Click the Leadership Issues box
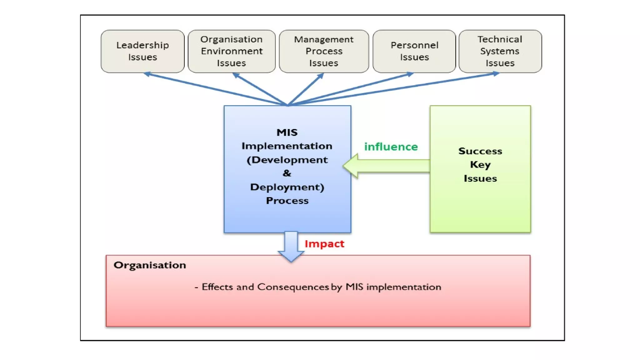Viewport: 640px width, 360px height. pos(142,51)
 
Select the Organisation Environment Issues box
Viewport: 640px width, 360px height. pos(232,51)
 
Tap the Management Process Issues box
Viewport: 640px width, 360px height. pos(324,51)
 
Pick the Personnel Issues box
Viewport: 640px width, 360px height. pos(414,51)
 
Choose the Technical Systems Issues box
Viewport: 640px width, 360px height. pos(500,51)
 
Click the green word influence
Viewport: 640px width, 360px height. pos(391,147)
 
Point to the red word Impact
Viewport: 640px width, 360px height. pos(324,244)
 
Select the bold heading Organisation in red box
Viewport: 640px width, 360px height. pos(150,265)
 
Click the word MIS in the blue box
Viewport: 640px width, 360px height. pos(287,132)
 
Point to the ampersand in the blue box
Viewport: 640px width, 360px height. pos(287,173)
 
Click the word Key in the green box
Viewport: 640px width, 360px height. pos(480,165)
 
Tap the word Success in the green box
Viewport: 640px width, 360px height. pos(480,151)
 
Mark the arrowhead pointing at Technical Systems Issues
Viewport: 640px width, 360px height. pos(496,74)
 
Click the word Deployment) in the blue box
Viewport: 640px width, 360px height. pos(287,187)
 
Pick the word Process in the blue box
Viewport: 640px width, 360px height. pos(287,201)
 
